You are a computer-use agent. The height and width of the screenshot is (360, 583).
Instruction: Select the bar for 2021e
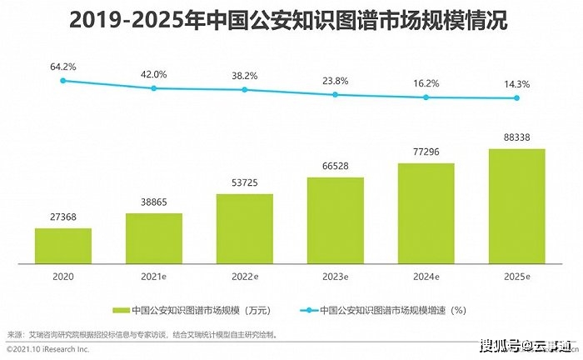[154, 237]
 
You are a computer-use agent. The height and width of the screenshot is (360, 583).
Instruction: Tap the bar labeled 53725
[245, 228]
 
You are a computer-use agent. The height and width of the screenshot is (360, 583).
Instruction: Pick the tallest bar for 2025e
[517, 206]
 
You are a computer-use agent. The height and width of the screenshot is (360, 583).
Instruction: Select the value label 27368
[63, 217]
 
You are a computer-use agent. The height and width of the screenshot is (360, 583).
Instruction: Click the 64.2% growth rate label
[63, 65]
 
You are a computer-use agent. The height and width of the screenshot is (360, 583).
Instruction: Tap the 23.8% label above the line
[336, 81]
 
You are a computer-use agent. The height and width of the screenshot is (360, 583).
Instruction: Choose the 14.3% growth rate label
[517, 84]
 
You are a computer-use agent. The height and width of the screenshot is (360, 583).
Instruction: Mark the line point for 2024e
[426, 97]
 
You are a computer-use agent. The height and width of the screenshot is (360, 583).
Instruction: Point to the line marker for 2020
[63, 81]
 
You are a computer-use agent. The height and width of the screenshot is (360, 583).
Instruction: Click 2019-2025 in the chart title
[117, 20]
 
